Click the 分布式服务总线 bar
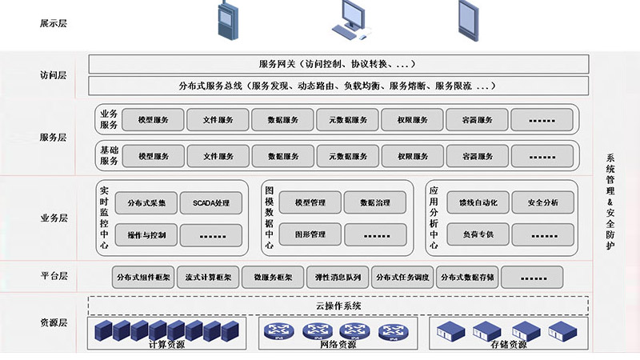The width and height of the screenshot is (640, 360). click(x=338, y=86)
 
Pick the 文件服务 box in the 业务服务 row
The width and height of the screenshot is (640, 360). click(x=218, y=120)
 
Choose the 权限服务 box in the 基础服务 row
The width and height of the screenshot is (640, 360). click(x=412, y=156)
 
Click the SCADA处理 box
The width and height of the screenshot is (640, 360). click(x=211, y=203)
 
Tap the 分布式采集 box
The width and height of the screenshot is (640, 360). click(x=146, y=203)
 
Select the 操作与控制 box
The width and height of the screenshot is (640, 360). click(x=146, y=235)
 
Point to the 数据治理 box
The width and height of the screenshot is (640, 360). click(x=375, y=203)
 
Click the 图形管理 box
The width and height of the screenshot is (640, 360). click(x=310, y=235)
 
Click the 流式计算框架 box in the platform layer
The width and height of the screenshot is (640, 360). click(x=205, y=278)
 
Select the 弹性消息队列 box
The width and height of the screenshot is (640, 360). click(x=335, y=278)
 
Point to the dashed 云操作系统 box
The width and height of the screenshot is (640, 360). click(x=338, y=306)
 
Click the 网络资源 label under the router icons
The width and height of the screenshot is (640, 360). click(x=338, y=345)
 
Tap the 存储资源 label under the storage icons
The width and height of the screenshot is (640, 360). click(x=508, y=345)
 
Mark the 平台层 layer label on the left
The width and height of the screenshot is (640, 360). click(x=54, y=277)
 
